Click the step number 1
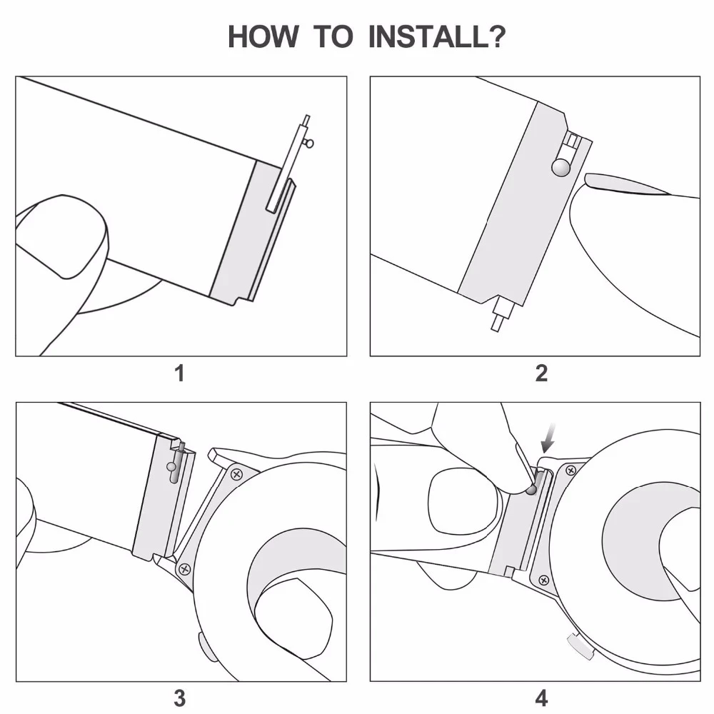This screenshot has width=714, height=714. pyautogui.click(x=180, y=373)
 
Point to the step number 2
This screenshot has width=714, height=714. pyautogui.click(x=541, y=373)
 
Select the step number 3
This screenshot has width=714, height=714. pyautogui.click(x=180, y=698)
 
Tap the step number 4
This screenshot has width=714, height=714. pyautogui.click(x=541, y=698)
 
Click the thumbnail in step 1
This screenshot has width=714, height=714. pyautogui.click(x=61, y=236)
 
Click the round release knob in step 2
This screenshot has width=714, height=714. pyautogui.click(x=560, y=167)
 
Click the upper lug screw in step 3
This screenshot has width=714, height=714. pyautogui.click(x=236, y=473)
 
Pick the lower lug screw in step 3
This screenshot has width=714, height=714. pyautogui.click(x=185, y=569)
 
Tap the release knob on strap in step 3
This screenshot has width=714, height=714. pyautogui.click(x=172, y=468)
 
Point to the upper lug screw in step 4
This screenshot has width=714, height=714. pyautogui.click(x=570, y=469)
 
